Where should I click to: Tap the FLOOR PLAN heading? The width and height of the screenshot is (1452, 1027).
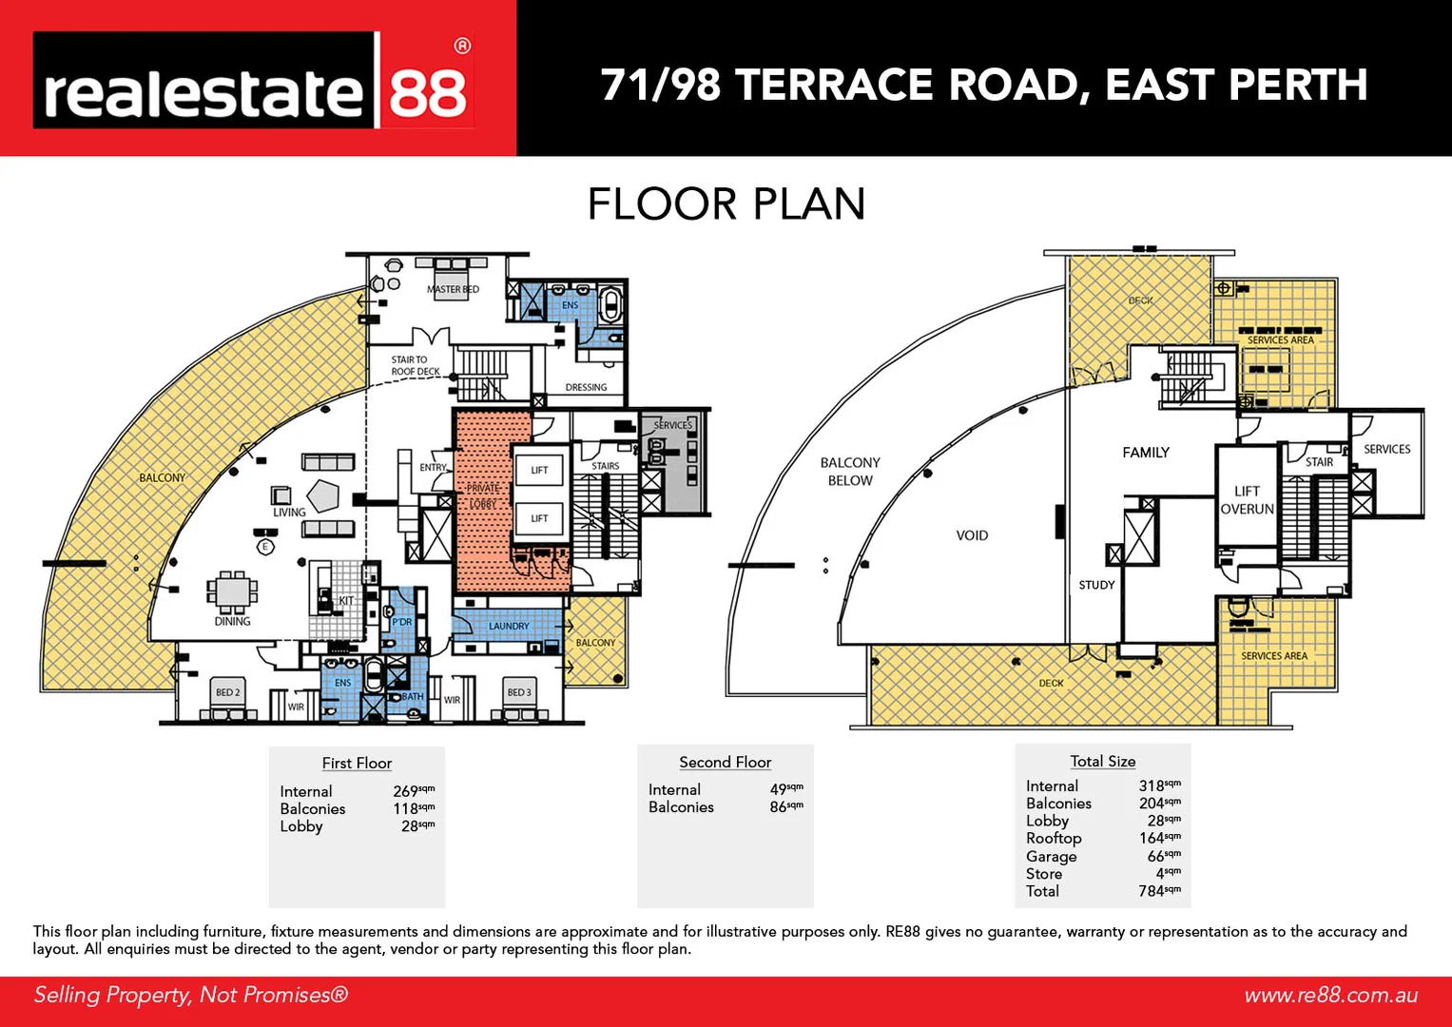[726, 204]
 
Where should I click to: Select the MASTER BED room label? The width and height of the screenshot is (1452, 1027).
[453, 289]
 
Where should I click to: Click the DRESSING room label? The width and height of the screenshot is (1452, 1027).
[586, 387]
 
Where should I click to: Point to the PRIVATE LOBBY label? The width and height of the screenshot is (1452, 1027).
[483, 495]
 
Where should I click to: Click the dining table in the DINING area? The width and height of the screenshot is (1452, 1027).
[232, 591]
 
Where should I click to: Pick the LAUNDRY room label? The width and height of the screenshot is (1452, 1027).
[509, 626]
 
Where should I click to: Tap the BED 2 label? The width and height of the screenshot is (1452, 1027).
[227, 692]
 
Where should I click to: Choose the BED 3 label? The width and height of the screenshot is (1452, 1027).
[519, 692]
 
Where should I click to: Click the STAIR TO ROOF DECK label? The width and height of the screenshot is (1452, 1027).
[416, 366]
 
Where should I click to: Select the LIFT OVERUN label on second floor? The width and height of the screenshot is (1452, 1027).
[1247, 500]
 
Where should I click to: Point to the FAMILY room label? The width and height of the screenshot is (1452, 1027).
[1146, 453]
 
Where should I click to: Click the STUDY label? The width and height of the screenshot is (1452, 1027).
[1096, 585]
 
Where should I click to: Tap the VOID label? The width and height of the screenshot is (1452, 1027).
[972, 535]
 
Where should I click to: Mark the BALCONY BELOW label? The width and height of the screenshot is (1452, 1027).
[850, 472]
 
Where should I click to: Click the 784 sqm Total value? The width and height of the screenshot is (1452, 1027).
[1158, 891]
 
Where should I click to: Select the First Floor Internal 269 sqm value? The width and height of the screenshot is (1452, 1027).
[413, 791]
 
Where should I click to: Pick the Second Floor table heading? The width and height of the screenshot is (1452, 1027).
[725, 762]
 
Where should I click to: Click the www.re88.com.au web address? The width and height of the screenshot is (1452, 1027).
[1330, 995]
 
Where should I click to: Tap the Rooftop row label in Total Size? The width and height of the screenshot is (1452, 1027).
[1054, 838]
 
